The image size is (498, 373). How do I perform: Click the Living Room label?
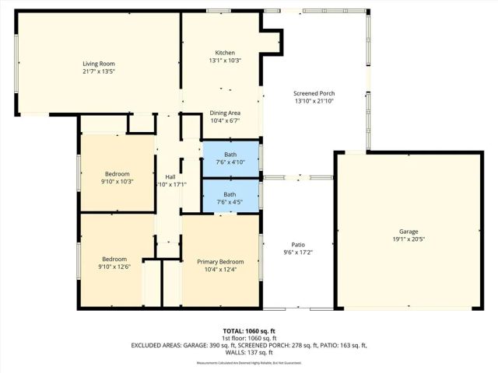point(99,63)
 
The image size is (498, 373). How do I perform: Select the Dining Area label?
point(225,113)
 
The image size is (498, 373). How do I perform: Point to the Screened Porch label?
point(314,93)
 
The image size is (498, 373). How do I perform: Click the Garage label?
point(409,232)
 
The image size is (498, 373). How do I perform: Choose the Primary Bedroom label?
point(220,262)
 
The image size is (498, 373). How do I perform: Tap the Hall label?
point(170,176)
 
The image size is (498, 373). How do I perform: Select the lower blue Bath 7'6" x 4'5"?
point(230,198)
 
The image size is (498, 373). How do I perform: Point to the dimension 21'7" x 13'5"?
point(99,71)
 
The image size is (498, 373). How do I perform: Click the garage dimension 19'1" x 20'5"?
point(409,240)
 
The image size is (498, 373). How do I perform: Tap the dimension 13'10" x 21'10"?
point(314,102)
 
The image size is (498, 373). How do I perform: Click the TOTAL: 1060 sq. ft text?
point(248,330)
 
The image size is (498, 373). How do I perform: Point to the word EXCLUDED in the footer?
point(148,345)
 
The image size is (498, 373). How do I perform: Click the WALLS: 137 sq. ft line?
point(248,352)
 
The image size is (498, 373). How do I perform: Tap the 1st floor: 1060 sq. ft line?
point(248,338)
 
